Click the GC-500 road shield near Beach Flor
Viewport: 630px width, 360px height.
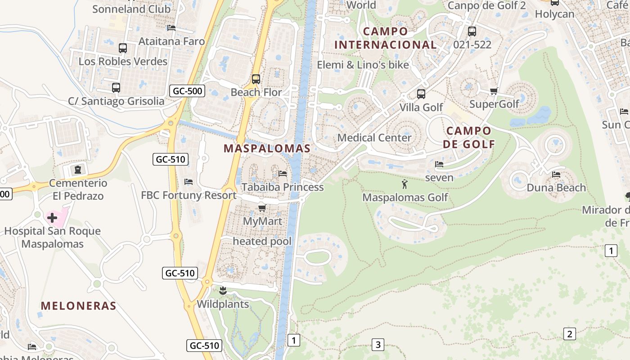[x=188, y=91]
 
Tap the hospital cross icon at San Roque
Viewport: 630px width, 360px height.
[x=52, y=218]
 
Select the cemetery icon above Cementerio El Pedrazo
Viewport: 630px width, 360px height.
[x=78, y=170]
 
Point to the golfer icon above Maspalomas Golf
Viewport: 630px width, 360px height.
[x=405, y=184]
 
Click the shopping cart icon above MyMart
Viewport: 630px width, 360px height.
[x=262, y=208]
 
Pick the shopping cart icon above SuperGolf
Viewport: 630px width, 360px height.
[x=494, y=91]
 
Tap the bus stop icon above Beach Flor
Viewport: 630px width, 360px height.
[x=256, y=79]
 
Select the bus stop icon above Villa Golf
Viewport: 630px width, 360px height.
[x=421, y=94]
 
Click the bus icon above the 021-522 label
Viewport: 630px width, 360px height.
[x=472, y=31]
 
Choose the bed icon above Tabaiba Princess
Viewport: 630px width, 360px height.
[x=283, y=173]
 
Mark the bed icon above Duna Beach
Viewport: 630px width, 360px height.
[x=556, y=175]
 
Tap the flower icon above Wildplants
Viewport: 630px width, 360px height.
[x=223, y=291]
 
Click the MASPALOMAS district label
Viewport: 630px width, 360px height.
[x=267, y=148]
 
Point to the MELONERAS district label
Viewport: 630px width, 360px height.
[x=79, y=306]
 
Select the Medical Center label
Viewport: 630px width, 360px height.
[x=374, y=138]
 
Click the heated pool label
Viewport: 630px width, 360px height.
[x=262, y=241]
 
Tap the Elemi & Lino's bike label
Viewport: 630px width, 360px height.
[x=363, y=65]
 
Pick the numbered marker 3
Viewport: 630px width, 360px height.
[x=378, y=345]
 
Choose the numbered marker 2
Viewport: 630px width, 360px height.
[x=570, y=334]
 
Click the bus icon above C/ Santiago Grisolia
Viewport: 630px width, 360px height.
[x=116, y=88]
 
